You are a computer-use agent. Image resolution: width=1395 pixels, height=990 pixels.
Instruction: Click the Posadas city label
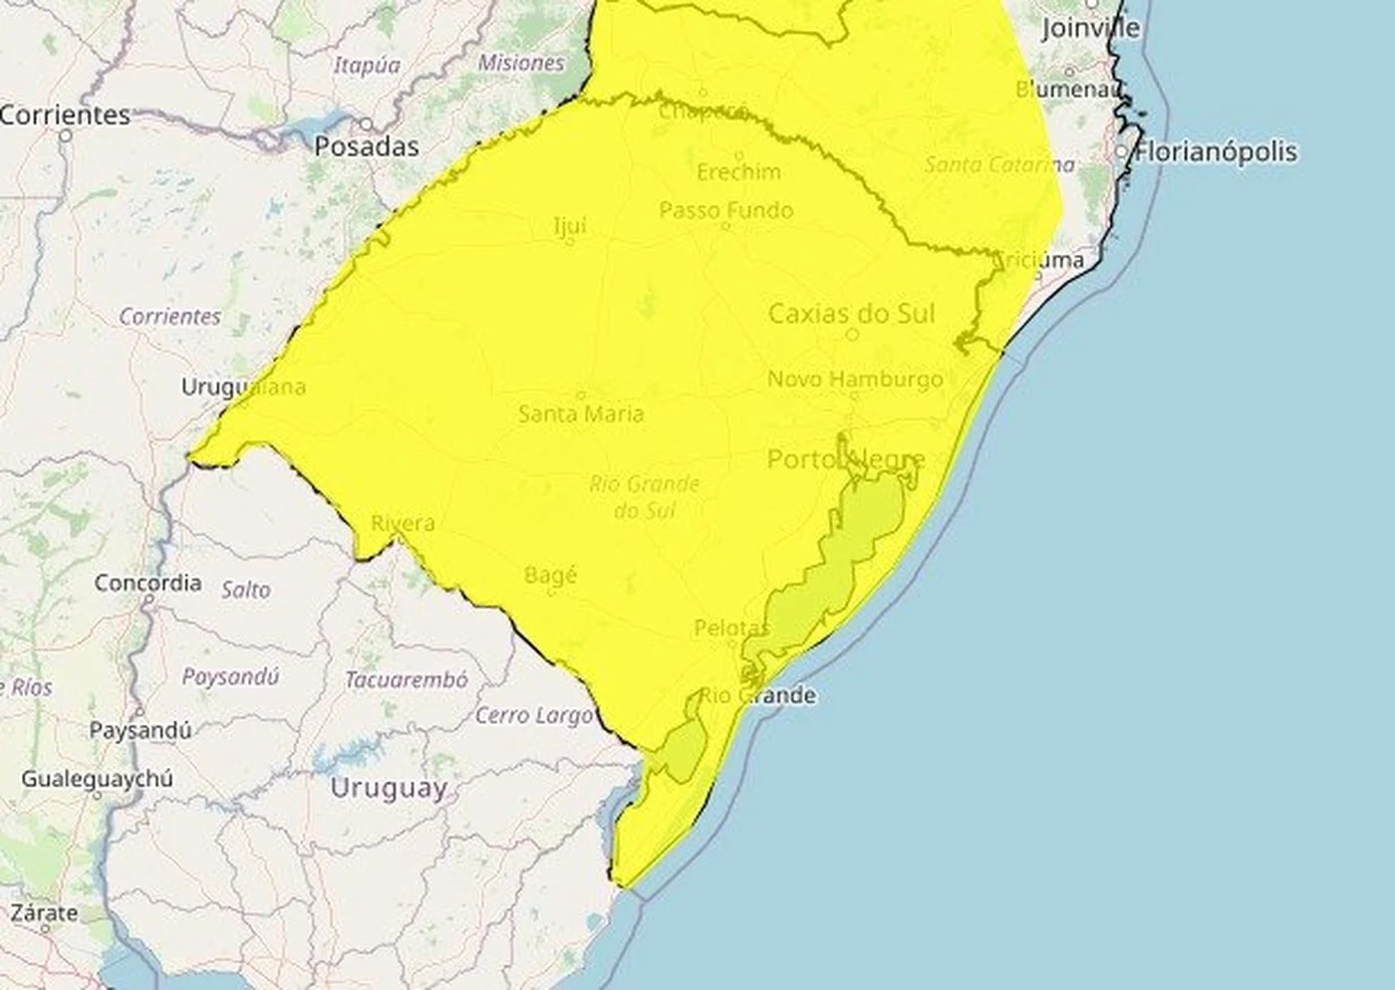click(366, 146)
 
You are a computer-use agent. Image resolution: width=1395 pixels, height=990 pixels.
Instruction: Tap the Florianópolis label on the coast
click(1216, 151)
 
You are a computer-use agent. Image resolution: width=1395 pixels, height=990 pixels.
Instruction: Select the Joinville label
click(1090, 28)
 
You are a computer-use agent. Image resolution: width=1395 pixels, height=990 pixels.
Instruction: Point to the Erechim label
click(738, 172)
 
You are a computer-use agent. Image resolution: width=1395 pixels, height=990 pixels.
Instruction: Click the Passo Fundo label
click(725, 210)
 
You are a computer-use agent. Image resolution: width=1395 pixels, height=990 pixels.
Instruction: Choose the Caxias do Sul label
click(852, 314)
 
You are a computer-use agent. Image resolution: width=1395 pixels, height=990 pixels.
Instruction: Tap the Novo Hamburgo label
click(855, 378)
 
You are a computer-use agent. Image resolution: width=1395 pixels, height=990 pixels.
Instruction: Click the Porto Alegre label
click(846, 459)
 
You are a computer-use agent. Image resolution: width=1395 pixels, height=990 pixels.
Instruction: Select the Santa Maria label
click(581, 412)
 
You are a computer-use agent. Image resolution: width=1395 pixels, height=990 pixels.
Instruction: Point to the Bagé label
click(550, 575)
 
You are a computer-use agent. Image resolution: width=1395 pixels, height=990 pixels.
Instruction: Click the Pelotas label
click(732, 627)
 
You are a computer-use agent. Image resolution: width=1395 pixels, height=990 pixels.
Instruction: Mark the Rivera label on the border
click(403, 523)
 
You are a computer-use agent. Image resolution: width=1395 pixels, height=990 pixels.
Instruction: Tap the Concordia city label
click(147, 583)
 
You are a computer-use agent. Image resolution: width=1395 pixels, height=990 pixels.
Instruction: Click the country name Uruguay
click(388, 788)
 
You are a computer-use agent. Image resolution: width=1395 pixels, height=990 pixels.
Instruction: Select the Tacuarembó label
click(406, 680)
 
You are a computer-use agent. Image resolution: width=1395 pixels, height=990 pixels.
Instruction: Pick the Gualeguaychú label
click(97, 778)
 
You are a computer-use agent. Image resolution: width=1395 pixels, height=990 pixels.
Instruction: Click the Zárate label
click(44, 912)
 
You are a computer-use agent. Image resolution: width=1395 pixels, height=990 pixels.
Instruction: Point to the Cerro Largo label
click(534, 715)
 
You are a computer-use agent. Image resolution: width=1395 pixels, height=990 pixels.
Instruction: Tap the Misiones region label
click(520, 63)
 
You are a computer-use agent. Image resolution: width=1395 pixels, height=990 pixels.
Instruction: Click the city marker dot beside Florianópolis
click(1122, 151)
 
